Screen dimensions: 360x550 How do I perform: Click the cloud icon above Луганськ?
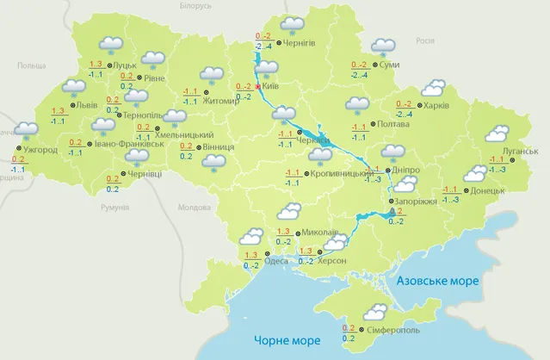(497, 133)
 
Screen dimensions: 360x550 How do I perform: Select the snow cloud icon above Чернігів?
(294, 24)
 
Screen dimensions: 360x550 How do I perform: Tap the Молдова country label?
(193, 208)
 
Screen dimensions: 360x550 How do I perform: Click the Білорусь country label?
(195, 6)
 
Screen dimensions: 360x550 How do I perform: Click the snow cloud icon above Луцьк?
(110, 44)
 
